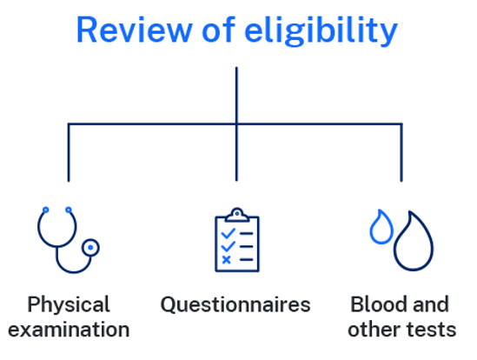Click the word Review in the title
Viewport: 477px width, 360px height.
[x=135, y=30]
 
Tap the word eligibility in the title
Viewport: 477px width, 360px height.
[x=321, y=31]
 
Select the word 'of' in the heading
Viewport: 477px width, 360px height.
[x=219, y=30]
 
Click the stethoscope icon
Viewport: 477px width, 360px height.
[x=69, y=240]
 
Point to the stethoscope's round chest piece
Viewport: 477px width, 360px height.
[x=90, y=248]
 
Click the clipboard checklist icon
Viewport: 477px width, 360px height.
[x=237, y=240]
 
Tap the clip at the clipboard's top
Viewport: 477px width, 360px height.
[x=237, y=215]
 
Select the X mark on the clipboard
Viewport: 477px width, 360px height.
[x=226, y=260]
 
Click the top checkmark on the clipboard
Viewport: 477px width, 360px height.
[x=229, y=233]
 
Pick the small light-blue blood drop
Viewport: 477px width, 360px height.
[x=381, y=227]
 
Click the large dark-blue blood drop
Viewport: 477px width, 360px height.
[x=414, y=241]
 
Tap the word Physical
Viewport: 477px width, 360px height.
[x=69, y=305]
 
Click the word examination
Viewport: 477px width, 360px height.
[x=69, y=330]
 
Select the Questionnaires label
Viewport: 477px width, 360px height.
[x=235, y=305]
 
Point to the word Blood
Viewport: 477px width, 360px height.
[x=378, y=304]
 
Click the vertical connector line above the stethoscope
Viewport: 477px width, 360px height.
[x=69, y=152]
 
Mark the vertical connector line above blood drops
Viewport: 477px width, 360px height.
[x=401, y=152]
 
